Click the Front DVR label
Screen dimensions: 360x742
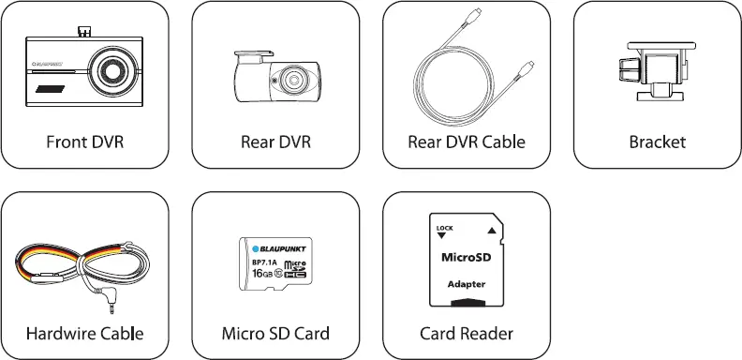[x=85, y=143]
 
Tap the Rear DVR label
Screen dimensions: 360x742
[x=275, y=143]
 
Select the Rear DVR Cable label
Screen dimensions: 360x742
[x=467, y=143]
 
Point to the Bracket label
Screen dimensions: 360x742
[x=657, y=143]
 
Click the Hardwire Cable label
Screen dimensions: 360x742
[x=85, y=334]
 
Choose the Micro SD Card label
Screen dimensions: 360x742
[x=275, y=334]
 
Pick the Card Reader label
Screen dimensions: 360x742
[x=467, y=334]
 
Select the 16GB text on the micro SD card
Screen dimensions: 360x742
[x=263, y=274]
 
